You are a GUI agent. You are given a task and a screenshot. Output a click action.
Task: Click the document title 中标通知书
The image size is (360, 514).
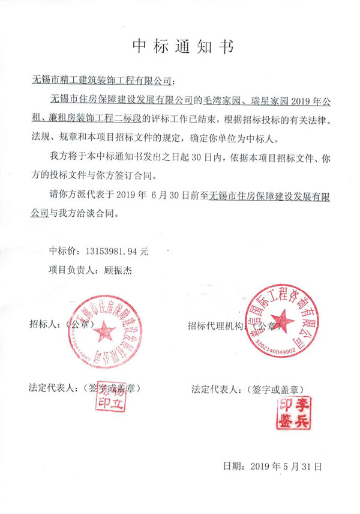(180, 46)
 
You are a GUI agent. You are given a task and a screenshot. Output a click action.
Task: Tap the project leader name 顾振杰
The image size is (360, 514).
(117, 271)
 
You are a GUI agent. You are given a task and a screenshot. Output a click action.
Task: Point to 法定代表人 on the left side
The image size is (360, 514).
(52, 387)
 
